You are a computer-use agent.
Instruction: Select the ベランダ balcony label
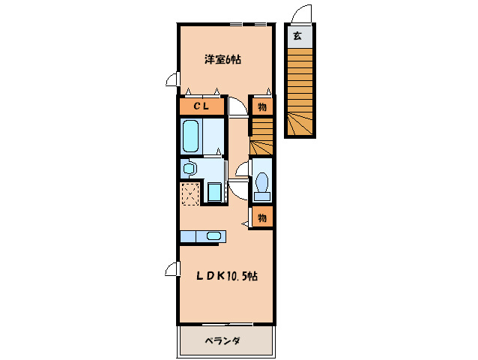click(223, 341)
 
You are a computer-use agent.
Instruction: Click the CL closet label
click(202, 106)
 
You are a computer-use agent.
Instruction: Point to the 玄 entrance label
click(297, 36)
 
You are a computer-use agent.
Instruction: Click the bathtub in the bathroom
click(191, 136)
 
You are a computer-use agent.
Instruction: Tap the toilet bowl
click(261, 183)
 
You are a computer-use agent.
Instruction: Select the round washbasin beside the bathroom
click(189, 168)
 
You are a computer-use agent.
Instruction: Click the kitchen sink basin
click(214, 237)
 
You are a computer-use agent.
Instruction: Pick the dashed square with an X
click(190, 193)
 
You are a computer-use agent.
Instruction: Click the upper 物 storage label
click(261, 106)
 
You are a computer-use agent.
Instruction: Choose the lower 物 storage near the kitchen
click(261, 217)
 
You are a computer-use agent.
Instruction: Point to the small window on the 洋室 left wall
click(173, 79)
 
